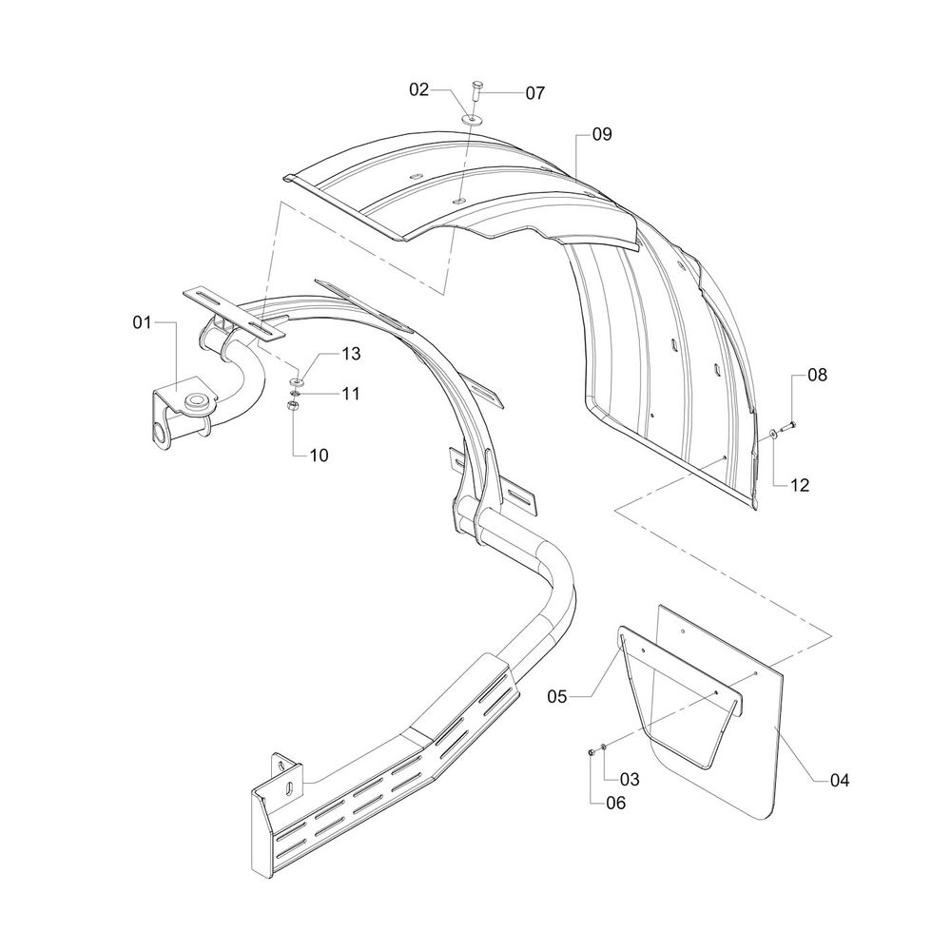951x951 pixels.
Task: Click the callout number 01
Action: (x=143, y=324)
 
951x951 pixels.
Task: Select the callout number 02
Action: (x=420, y=89)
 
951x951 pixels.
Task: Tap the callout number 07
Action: (x=534, y=93)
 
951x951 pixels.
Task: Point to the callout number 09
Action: (x=601, y=135)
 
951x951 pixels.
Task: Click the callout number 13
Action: (x=325, y=355)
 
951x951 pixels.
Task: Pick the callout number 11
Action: (x=325, y=392)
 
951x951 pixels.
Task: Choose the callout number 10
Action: (x=319, y=455)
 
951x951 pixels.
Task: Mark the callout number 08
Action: (x=817, y=375)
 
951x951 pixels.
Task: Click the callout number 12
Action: (x=799, y=485)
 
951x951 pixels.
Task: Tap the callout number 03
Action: (x=630, y=779)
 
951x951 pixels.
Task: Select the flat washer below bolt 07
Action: (x=473, y=119)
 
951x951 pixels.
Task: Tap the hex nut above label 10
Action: (x=294, y=406)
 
